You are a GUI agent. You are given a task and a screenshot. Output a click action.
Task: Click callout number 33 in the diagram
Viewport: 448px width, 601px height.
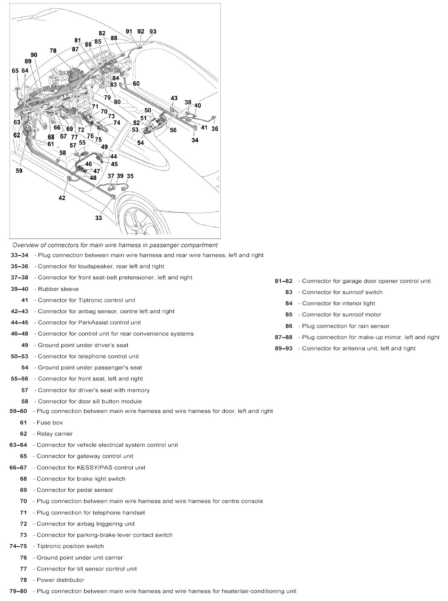98,218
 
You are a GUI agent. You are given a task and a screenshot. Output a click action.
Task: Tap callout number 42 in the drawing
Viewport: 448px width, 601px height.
62,198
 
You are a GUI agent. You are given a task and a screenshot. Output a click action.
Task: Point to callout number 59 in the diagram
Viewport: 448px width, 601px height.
19,171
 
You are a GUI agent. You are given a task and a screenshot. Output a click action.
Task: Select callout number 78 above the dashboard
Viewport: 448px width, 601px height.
53,51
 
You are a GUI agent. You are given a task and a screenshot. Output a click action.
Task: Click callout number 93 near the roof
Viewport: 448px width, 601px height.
153,32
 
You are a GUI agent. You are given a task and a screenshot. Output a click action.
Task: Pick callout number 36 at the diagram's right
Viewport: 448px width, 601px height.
215,129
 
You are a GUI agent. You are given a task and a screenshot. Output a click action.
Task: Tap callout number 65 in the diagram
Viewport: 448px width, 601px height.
15,71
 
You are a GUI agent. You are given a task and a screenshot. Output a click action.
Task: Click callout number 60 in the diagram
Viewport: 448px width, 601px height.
136,84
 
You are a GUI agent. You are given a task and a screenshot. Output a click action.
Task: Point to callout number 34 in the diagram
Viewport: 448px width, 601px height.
195,140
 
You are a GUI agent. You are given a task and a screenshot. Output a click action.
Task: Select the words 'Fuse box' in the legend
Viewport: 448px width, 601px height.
49,422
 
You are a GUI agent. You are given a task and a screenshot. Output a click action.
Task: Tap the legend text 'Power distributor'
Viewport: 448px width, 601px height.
60,580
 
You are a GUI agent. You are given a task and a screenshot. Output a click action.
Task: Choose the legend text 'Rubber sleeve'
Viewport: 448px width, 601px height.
58,289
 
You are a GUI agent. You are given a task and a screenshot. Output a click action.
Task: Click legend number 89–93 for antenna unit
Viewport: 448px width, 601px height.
283,349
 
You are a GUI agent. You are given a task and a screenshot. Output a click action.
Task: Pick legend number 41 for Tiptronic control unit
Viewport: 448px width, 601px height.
25,300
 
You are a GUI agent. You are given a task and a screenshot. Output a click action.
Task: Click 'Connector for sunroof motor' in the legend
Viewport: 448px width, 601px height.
341,315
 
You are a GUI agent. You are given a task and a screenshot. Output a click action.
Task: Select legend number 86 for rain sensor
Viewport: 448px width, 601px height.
289,326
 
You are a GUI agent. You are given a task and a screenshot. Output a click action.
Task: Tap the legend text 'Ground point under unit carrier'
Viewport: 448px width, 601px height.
79,558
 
